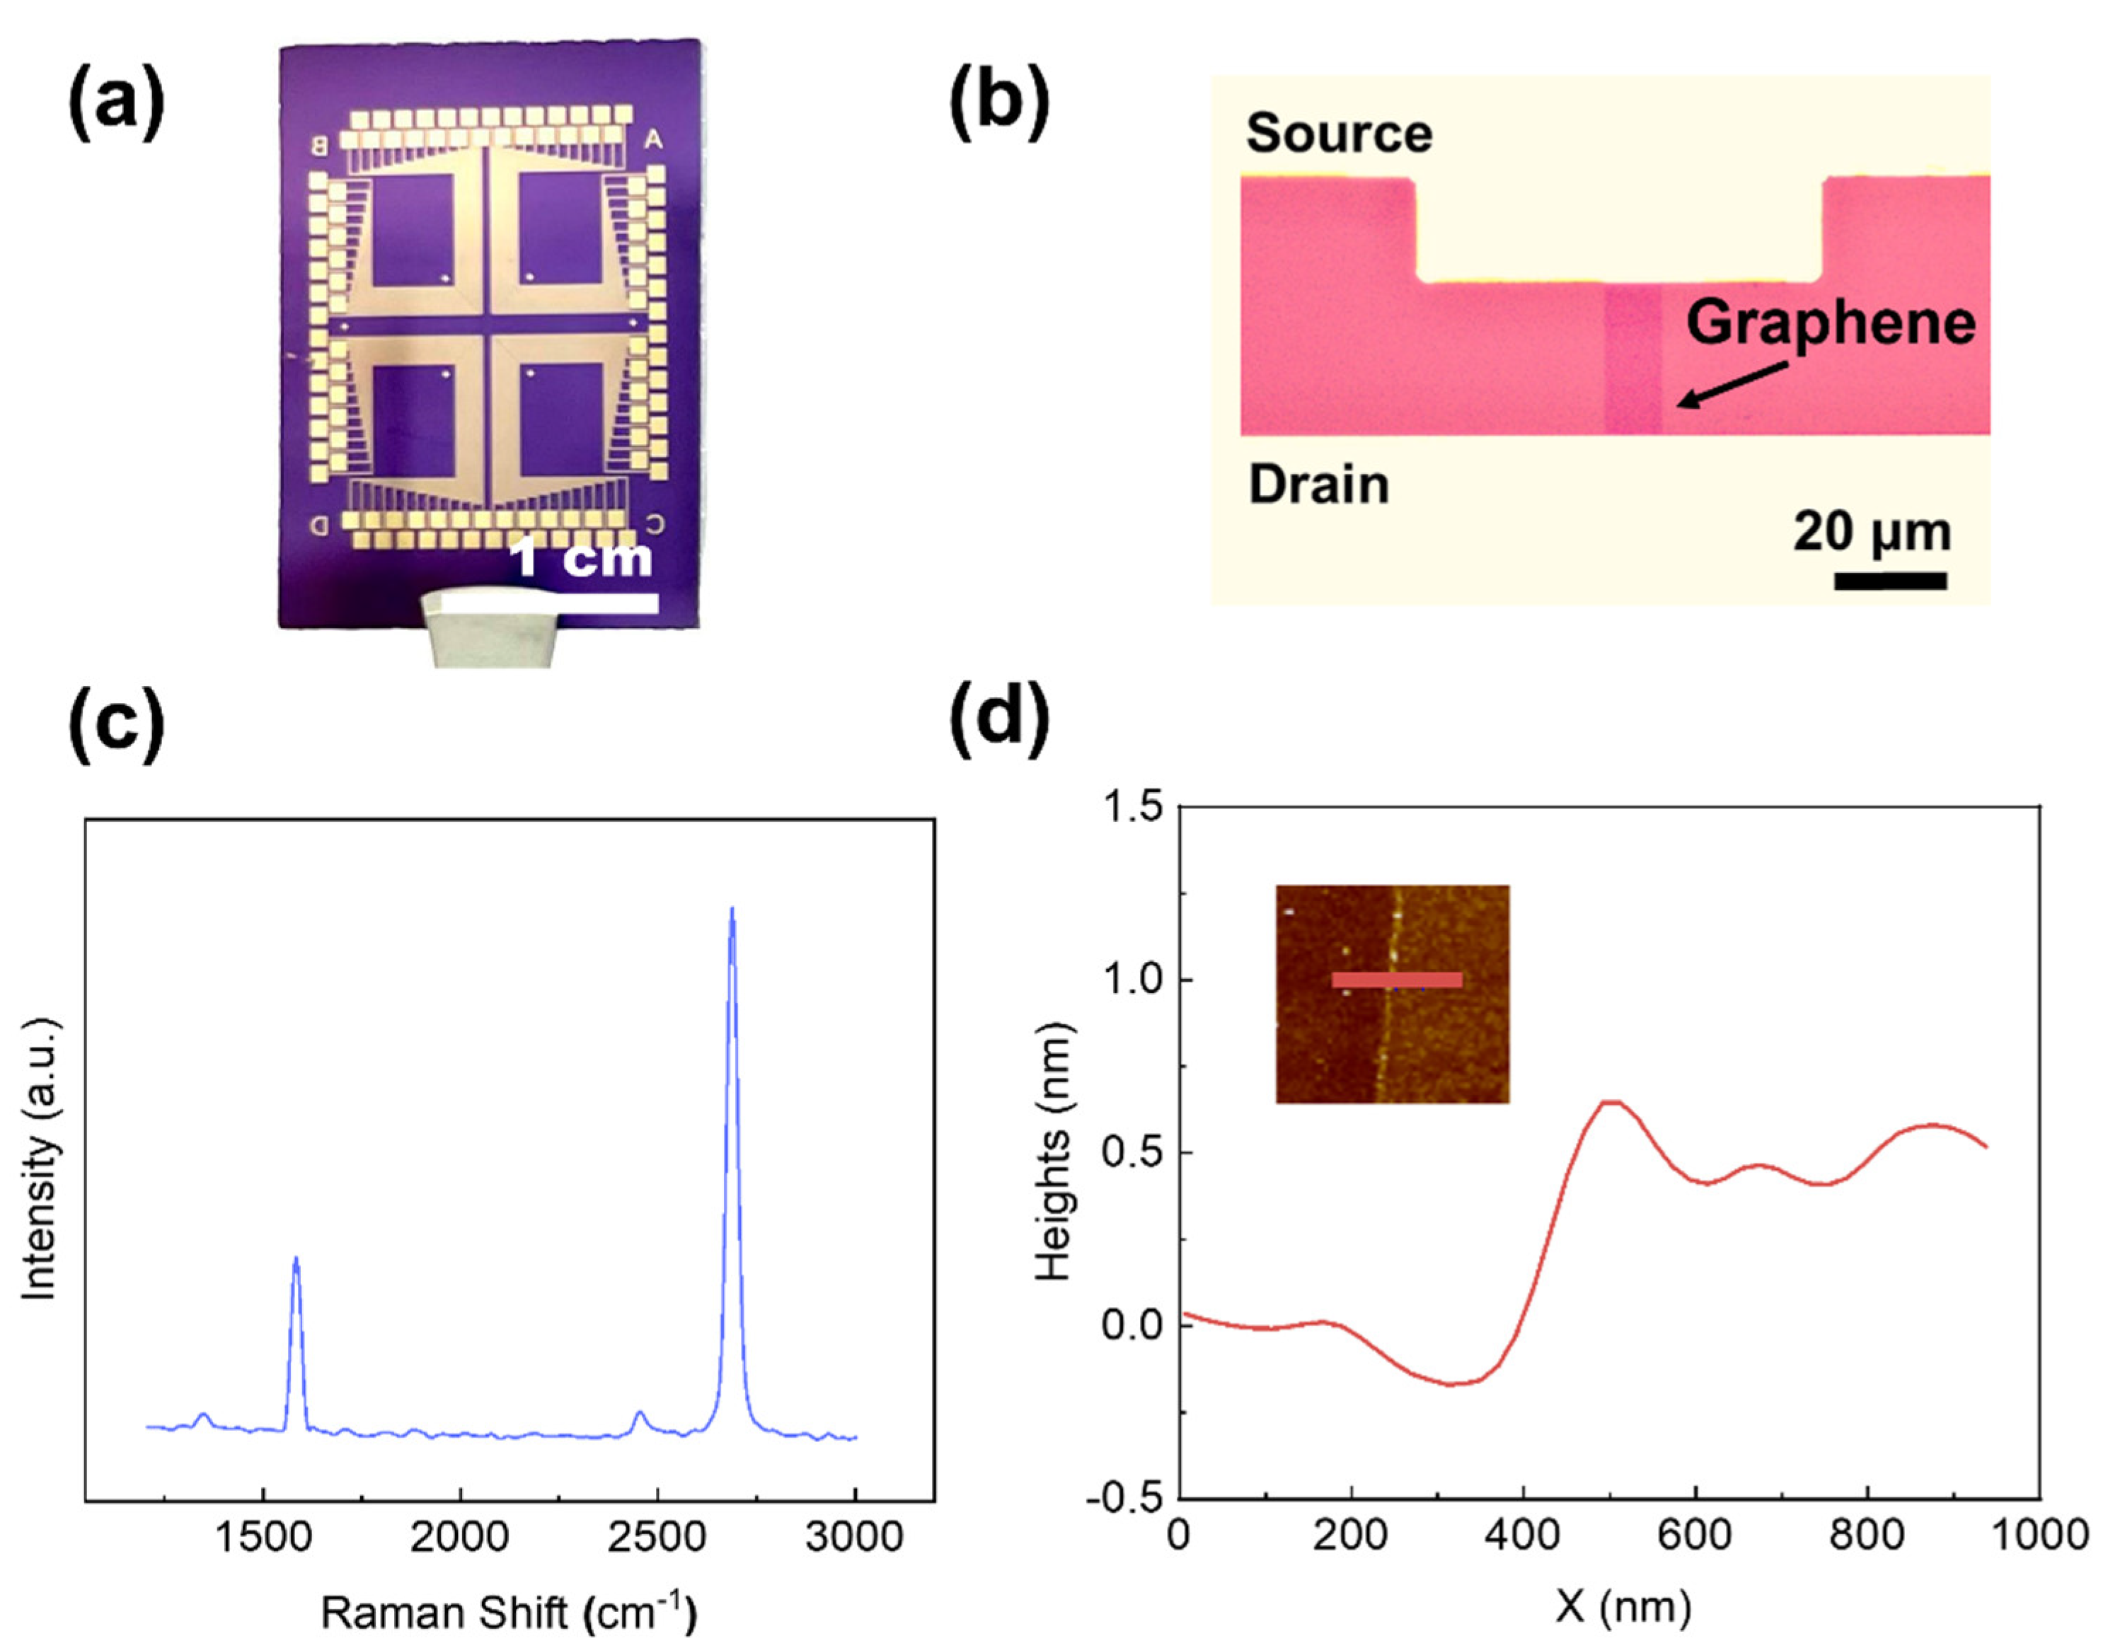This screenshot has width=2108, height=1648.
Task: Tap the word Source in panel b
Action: coord(1339,133)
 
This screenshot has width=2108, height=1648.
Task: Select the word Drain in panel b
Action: coord(1318,484)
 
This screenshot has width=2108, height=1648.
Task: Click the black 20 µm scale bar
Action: coord(1889,580)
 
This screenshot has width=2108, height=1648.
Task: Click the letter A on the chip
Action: coord(653,141)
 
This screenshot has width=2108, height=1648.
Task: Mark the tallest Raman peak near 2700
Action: coord(732,912)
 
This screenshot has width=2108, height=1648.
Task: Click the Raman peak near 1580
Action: coord(295,1260)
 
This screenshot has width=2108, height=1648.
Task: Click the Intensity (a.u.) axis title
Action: coord(40,1158)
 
